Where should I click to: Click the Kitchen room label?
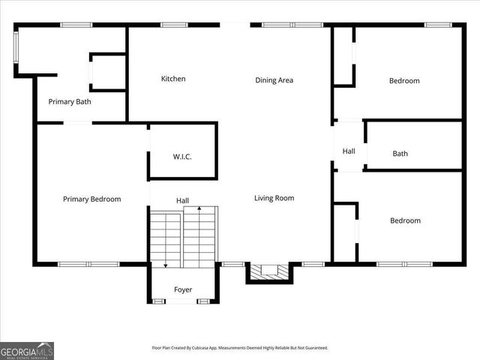pyautogui.click(x=173, y=79)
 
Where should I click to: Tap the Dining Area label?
pyautogui.click(x=274, y=80)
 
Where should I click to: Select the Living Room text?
pyautogui.click(x=274, y=198)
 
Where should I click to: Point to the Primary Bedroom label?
pyautogui.click(x=91, y=199)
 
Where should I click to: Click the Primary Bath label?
pyautogui.click(x=70, y=101)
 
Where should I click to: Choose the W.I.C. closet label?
pyautogui.click(x=182, y=157)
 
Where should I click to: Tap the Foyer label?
pyautogui.click(x=183, y=289)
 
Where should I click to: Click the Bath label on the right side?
pyautogui.click(x=400, y=154)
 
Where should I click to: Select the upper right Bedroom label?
pyautogui.click(x=404, y=80)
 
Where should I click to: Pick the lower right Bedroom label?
pyautogui.click(x=405, y=220)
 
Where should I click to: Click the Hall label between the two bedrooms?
pyautogui.click(x=349, y=151)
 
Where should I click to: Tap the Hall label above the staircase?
pyautogui.click(x=182, y=200)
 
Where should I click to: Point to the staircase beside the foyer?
pyautogui.click(x=183, y=238)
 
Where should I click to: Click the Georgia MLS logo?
pyautogui.click(x=27, y=350)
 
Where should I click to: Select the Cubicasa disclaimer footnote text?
pyautogui.click(x=240, y=348)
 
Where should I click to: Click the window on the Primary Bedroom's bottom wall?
pyautogui.click(x=88, y=264)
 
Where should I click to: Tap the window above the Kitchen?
pyautogui.click(x=174, y=25)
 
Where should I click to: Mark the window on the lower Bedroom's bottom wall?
pyautogui.click(x=404, y=264)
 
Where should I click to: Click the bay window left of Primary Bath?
pyautogui.click(x=16, y=49)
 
